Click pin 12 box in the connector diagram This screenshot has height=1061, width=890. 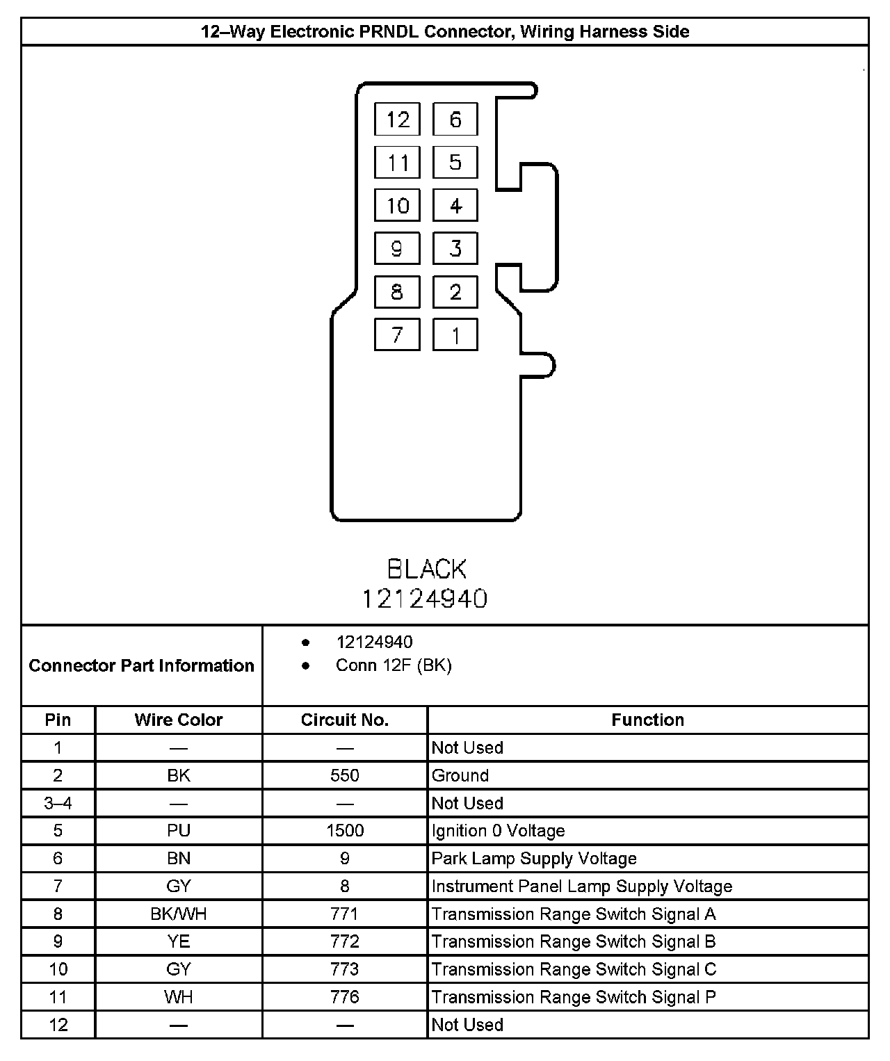[397, 120]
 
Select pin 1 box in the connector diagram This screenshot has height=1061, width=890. [455, 335]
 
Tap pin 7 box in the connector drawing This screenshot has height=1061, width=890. [397, 335]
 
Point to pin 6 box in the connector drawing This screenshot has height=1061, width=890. [455, 120]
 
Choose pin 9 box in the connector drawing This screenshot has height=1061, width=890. [397, 248]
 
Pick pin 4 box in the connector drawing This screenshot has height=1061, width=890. [455, 206]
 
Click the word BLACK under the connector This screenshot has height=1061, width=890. [426, 569]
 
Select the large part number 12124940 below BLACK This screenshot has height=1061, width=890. [424, 599]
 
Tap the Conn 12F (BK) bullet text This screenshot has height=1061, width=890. [394, 665]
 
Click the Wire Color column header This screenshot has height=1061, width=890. [179, 720]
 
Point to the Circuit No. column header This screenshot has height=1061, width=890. [345, 720]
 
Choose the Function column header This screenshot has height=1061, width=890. [647, 720]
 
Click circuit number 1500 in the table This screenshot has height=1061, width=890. [345, 831]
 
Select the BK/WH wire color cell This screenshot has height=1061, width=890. [179, 914]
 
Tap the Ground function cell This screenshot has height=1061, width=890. [460, 775]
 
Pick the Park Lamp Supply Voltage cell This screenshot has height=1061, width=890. [534, 859]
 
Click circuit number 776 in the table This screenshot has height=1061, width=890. [345, 997]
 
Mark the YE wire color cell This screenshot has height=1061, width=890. [179, 941]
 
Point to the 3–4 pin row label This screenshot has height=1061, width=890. [58, 803]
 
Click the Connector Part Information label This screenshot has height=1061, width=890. [142, 665]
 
